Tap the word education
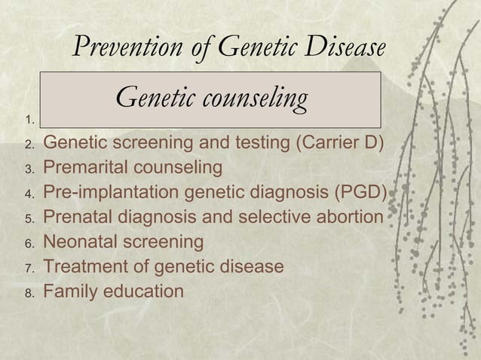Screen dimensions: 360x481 pos(142,291)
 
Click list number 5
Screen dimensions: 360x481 pos(29,219)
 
